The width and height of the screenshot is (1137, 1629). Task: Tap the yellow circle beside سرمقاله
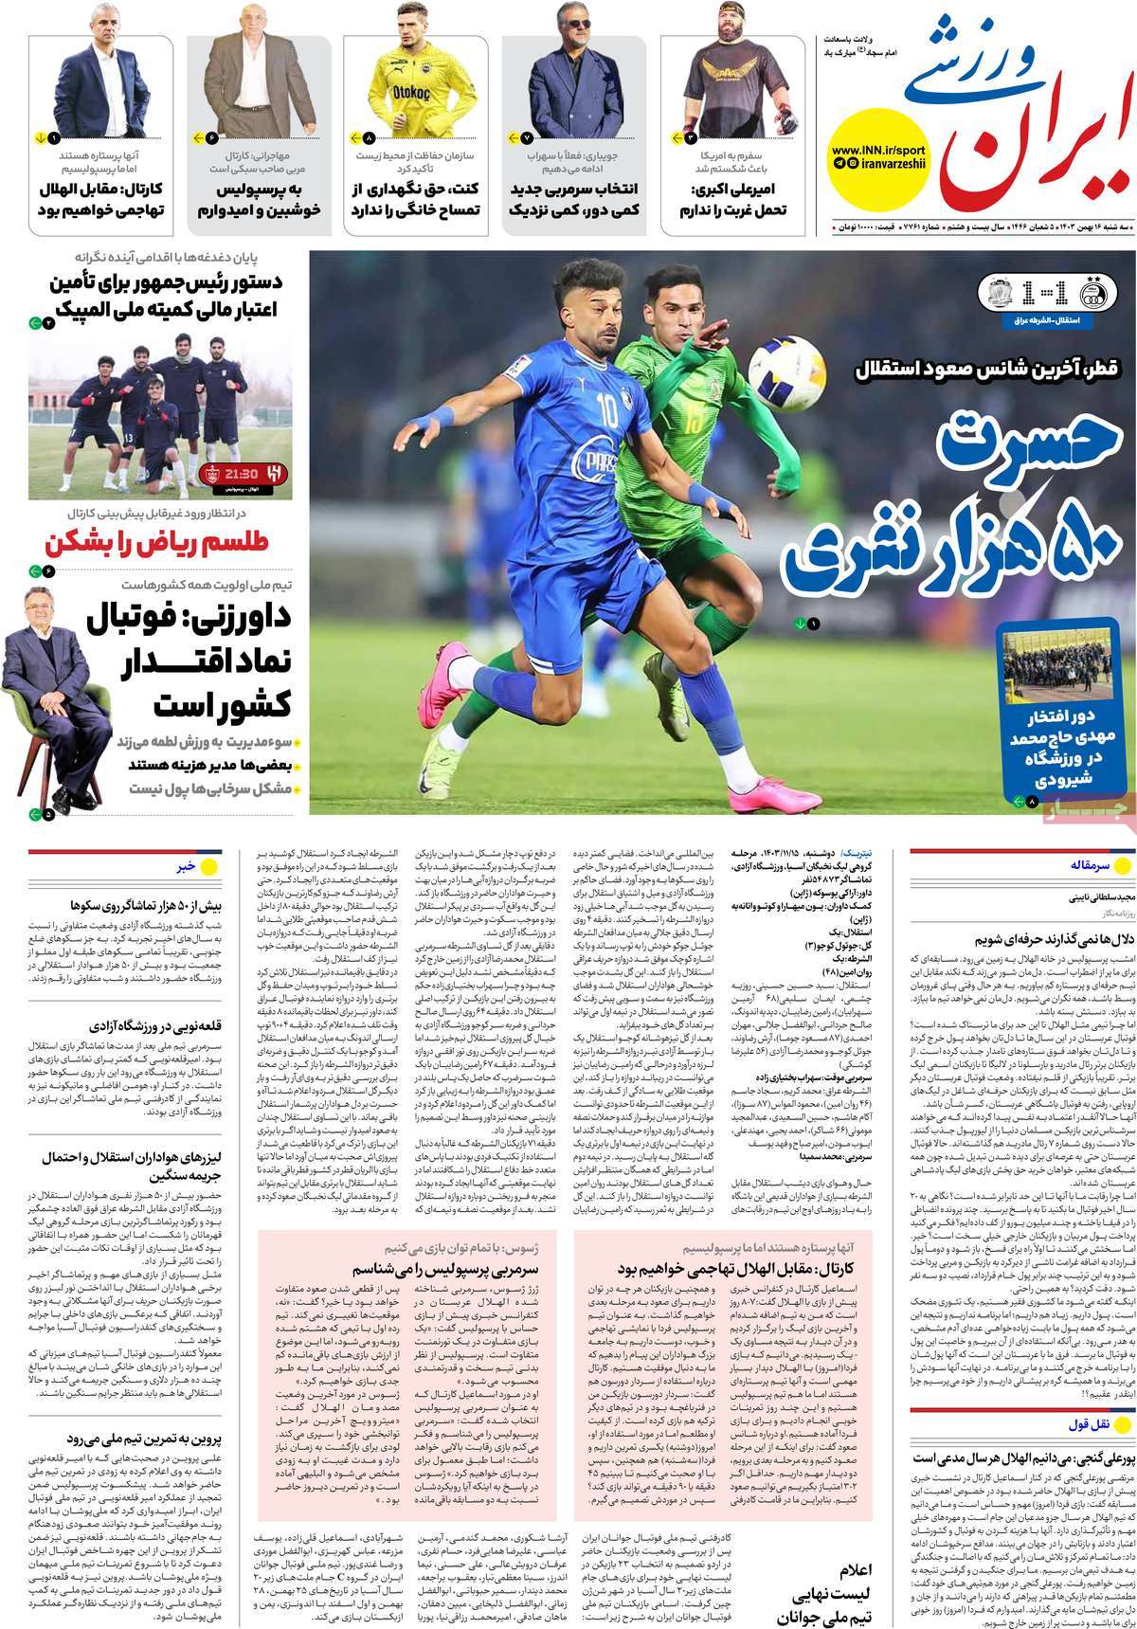click(x=1120, y=866)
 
